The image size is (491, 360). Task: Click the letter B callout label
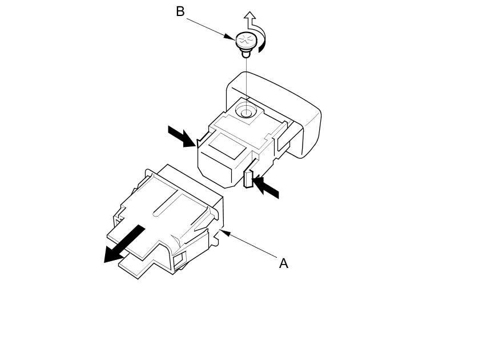click(x=180, y=11)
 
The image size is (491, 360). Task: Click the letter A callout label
click(x=283, y=263)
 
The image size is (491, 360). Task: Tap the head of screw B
click(x=246, y=40)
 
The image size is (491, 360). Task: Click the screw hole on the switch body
click(x=246, y=113)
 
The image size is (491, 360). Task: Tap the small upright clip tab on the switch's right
click(x=248, y=178)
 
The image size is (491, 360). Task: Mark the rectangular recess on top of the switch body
click(x=226, y=145)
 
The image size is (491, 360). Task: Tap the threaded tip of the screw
click(x=246, y=54)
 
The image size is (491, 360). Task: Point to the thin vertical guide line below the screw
click(x=246, y=80)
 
